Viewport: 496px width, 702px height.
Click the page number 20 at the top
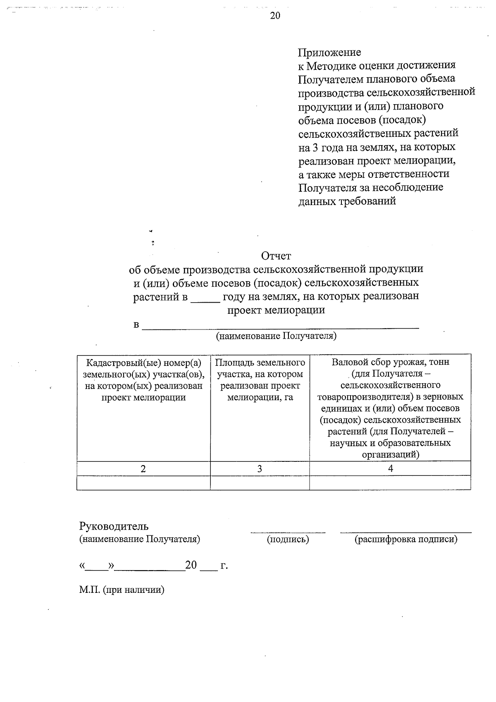tap(275, 16)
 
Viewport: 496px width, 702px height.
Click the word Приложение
tap(329, 53)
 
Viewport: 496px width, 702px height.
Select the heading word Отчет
tap(276, 256)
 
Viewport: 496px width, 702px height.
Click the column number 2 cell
tap(143, 468)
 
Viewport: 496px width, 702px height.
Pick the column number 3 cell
tap(260, 468)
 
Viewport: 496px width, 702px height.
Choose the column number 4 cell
tap(390, 468)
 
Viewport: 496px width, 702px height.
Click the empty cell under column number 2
tap(143, 482)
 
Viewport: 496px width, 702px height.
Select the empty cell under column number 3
tap(260, 482)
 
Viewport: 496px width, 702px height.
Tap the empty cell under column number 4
tap(390, 482)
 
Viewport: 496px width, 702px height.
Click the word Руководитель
tap(114, 526)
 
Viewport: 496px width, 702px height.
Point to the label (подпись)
tap(288, 540)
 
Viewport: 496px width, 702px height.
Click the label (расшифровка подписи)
tap(406, 540)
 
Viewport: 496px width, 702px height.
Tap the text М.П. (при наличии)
tap(122, 590)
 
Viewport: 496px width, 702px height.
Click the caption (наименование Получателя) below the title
tap(276, 336)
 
